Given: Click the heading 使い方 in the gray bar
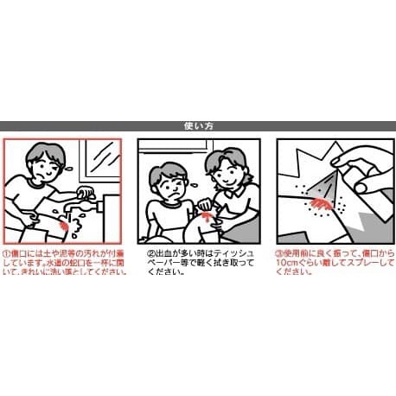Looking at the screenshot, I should pyautogui.click(x=198, y=126).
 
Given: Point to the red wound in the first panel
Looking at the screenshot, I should pyautogui.click(x=65, y=227).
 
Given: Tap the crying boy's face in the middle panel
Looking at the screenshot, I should pyautogui.click(x=169, y=187).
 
